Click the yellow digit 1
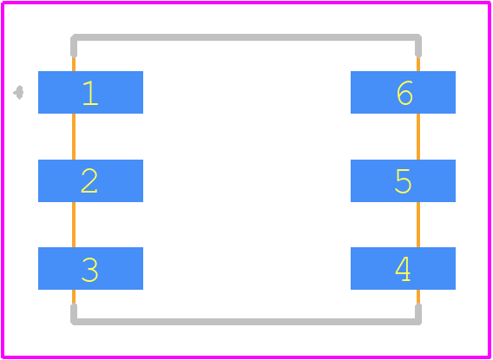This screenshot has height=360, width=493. tap(90, 93)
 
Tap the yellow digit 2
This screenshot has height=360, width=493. tap(89, 180)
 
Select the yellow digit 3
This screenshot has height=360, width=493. tap(89, 270)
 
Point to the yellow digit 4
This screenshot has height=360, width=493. tap(403, 269)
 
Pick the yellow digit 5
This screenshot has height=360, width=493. tap(403, 181)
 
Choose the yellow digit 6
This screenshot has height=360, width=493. tap(404, 93)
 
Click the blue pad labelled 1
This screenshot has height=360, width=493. tap(90, 92)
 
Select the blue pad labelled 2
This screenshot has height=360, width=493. tap(90, 180)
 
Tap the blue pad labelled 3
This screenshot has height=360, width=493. tap(90, 268)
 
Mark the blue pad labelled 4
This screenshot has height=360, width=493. tap(403, 268)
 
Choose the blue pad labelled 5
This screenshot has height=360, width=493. tap(403, 180)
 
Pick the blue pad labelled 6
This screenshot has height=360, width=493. tap(403, 92)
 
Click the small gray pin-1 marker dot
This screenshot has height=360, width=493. tap(18, 92)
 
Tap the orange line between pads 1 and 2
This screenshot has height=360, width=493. tap(74, 136)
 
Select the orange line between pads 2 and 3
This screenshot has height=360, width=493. tap(74, 225)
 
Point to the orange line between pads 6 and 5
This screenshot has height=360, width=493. tap(418, 136)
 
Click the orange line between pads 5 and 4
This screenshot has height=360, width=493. tap(418, 225)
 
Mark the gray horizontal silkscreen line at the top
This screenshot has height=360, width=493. tap(246, 37)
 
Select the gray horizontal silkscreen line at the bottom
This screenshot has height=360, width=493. tap(246, 322)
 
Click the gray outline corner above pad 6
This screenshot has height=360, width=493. tap(418, 37)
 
